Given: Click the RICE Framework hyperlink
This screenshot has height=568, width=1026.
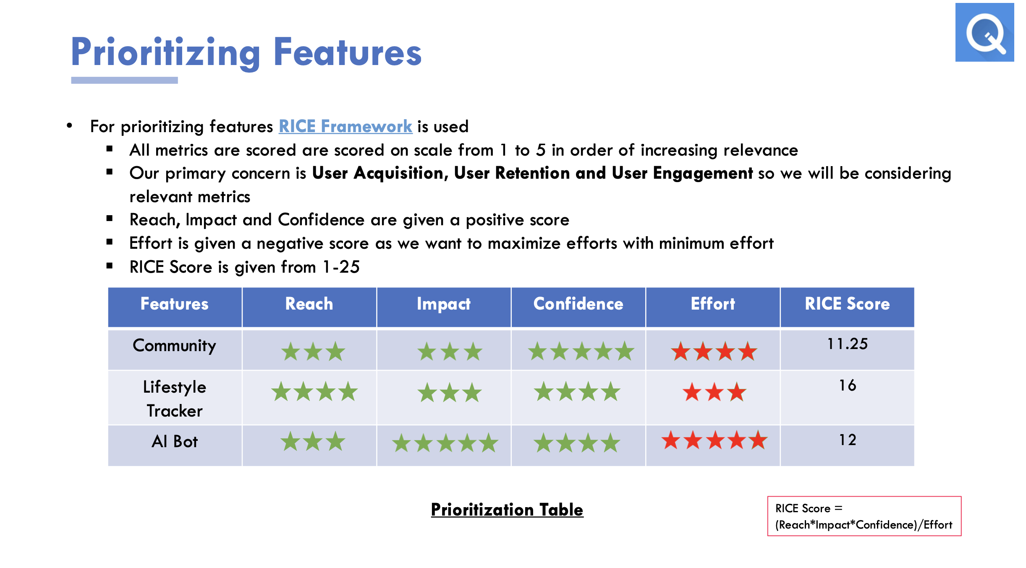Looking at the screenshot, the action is coord(345,126).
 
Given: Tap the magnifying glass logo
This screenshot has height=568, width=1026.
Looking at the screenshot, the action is coord(984,32).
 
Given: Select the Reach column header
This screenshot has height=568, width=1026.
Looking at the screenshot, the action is coord(309,304).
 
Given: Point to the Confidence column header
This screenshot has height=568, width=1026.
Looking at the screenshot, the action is coord(578,304).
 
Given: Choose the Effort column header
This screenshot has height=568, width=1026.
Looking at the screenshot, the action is coord(713,304).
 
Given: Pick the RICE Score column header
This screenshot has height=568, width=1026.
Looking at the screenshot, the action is coord(847,304).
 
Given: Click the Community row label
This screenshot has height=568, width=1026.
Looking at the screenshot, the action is coord(174,346).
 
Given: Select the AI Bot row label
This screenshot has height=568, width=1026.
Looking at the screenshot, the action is coord(174,441).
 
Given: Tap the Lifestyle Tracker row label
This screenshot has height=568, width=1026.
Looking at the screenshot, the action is coord(174,399).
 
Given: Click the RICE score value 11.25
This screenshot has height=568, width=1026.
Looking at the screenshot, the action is coord(847,344).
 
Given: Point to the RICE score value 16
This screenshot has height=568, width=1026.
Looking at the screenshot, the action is coord(847,385).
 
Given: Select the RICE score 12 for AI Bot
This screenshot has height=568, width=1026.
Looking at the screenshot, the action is coord(847,440).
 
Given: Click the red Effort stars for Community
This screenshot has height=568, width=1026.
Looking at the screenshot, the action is coord(714,351).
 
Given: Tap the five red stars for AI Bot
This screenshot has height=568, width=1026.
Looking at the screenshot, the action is coord(714,440).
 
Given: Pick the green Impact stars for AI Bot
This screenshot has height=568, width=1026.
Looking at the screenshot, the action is coord(445,443).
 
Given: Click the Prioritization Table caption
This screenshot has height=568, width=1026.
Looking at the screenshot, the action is coord(507,510).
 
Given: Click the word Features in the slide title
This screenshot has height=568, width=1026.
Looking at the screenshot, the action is coord(348,52).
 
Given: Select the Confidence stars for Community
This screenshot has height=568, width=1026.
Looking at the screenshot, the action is coord(581,351).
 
